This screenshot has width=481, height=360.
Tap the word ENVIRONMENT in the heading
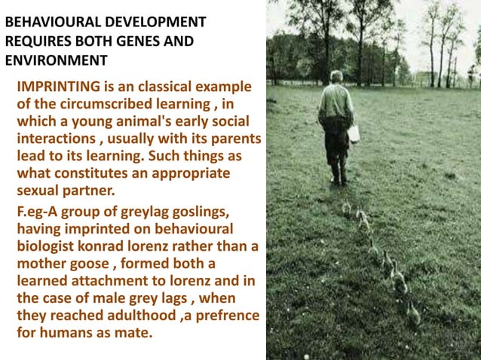pyautogui.click(x=57, y=60)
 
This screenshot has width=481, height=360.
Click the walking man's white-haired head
pyautogui.click(x=336, y=77)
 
